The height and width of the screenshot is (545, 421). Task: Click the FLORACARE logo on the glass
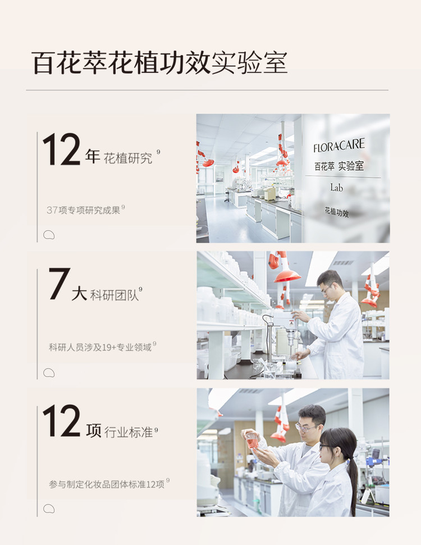click(339, 146)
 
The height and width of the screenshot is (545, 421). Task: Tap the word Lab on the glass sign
click(336, 188)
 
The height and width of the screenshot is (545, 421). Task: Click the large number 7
click(60, 284)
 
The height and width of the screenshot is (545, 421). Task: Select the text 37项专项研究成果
click(84, 210)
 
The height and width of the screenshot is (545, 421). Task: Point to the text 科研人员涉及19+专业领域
click(100, 347)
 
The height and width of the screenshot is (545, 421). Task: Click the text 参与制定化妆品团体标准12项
click(107, 484)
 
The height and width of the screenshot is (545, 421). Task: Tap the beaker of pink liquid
click(252, 440)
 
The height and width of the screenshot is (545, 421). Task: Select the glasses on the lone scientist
click(326, 289)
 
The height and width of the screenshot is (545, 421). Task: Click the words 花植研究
click(128, 158)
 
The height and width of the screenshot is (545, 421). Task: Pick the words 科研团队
click(115, 295)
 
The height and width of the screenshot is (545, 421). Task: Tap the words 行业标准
click(129, 432)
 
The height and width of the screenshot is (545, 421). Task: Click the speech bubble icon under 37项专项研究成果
click(49, 235)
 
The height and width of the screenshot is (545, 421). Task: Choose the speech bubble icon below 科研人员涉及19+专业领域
click(49, 373)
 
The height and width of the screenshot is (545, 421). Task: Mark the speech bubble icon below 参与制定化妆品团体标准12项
click(49, 509)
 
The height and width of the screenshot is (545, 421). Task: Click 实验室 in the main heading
click(249, 63)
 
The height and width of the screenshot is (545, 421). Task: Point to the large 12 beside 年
click(62, 149)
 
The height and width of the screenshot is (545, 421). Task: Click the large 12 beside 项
click(62, 420)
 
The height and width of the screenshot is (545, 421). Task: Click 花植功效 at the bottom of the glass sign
click(337, 212)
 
